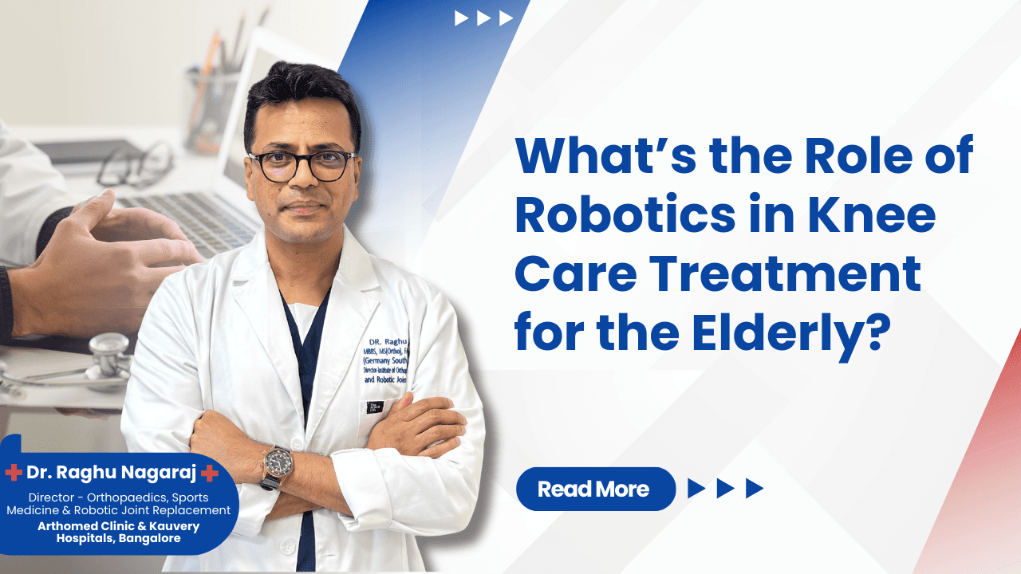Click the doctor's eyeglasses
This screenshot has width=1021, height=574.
click(302, 165)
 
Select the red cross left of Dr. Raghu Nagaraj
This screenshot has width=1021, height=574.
click(14, 473)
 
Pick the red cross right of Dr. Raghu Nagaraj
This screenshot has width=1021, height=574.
click(210, 473)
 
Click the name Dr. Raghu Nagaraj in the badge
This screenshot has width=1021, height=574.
click(112, 473)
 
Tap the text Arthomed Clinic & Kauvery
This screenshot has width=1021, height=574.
click(119, 526)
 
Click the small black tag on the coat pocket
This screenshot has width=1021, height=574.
click(374, 407)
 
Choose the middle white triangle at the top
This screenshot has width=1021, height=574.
click(483, 18)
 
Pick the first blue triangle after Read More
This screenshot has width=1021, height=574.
click(696, 489)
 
